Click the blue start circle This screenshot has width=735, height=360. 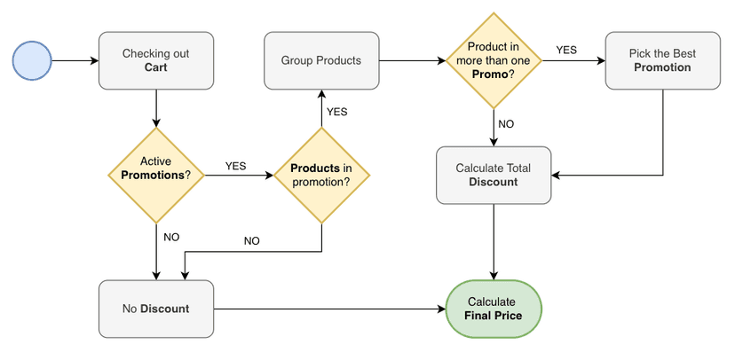coord(33,60)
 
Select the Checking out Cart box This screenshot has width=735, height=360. coord(155,60)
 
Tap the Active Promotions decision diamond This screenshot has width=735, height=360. coord(155,175)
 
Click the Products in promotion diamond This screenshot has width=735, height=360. coord(320,175)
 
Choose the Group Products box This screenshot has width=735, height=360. coord(320,60)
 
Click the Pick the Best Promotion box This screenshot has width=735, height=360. coord(662,60)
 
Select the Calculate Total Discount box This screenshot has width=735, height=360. coord(494,175)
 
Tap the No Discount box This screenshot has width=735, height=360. coord(155,309)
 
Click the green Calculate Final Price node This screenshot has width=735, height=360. coord(494,309)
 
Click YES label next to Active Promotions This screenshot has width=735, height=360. coord(236,166)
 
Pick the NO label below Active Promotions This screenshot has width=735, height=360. coord(171,237)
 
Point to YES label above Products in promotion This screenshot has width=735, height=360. coord(337,112)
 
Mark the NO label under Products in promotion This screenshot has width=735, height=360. coord(252,240)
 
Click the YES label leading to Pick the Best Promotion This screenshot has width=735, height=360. coord(566,50)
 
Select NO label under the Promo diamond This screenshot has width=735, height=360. coord(506,124)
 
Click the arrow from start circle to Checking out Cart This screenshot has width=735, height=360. coord(75,60)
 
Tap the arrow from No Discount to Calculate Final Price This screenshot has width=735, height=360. coord(328,309)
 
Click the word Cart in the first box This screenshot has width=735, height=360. coord(156,67)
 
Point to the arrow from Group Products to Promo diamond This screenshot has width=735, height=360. coord(413,60)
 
